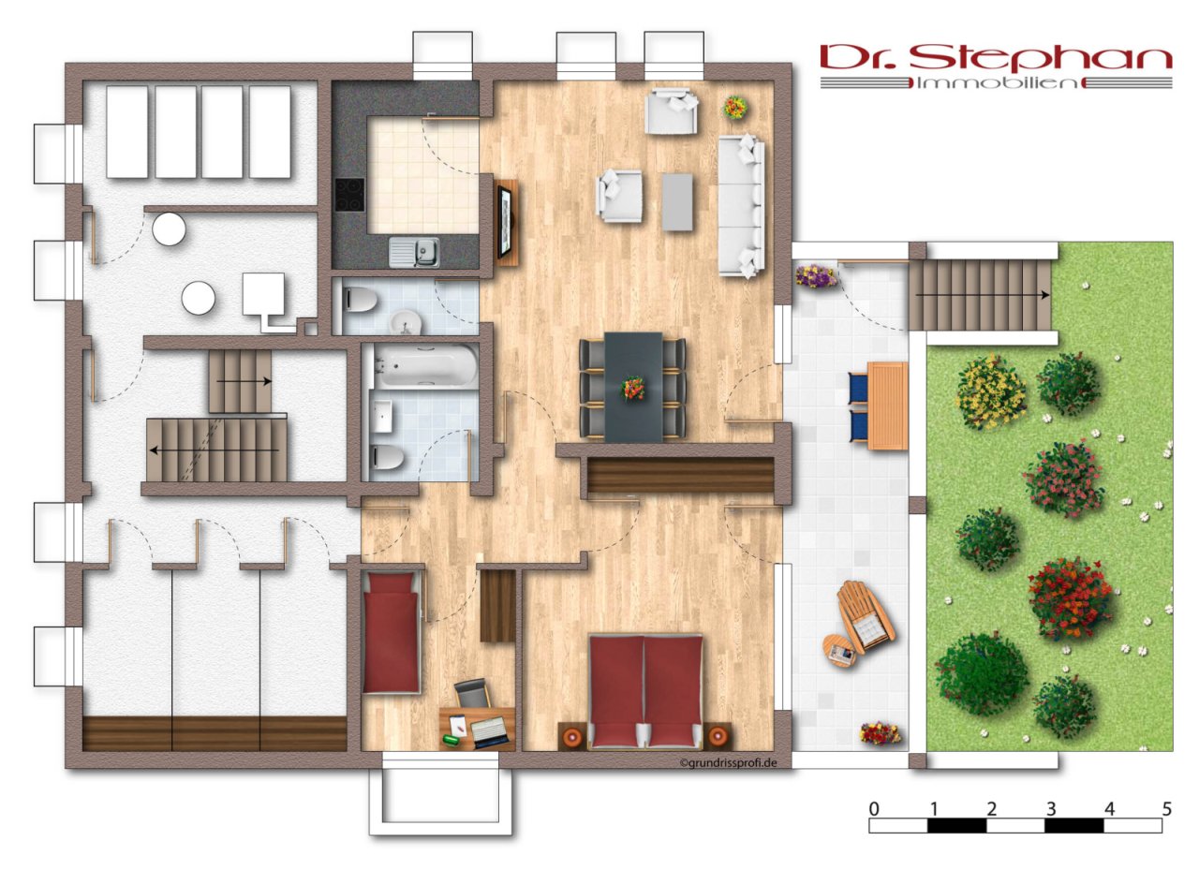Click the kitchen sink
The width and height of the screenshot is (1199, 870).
[x=414, y=252]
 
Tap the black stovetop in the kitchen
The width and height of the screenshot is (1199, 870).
[x=350, y=195]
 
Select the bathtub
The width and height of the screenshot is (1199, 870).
[x=425, y=365]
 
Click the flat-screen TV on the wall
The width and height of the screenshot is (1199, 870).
[x=505, y=221]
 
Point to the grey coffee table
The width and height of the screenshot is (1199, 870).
[x=677, y=201]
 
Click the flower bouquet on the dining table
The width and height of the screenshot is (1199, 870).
[x=632, y=388]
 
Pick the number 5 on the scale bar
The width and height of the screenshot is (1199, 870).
[x=1167, y=809]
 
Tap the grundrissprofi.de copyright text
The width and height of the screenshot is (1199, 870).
[x=728, y=763]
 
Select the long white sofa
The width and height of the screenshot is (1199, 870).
[x=741, y=207]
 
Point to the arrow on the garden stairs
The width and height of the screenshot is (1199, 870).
[x=983, y=294]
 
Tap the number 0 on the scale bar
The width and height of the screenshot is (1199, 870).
[x=874, y=809]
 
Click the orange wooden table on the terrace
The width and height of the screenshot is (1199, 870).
[x=887, y=406]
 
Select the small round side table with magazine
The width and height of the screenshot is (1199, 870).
[x=838, y=651]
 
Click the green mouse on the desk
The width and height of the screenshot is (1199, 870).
[x=451, y=740]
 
